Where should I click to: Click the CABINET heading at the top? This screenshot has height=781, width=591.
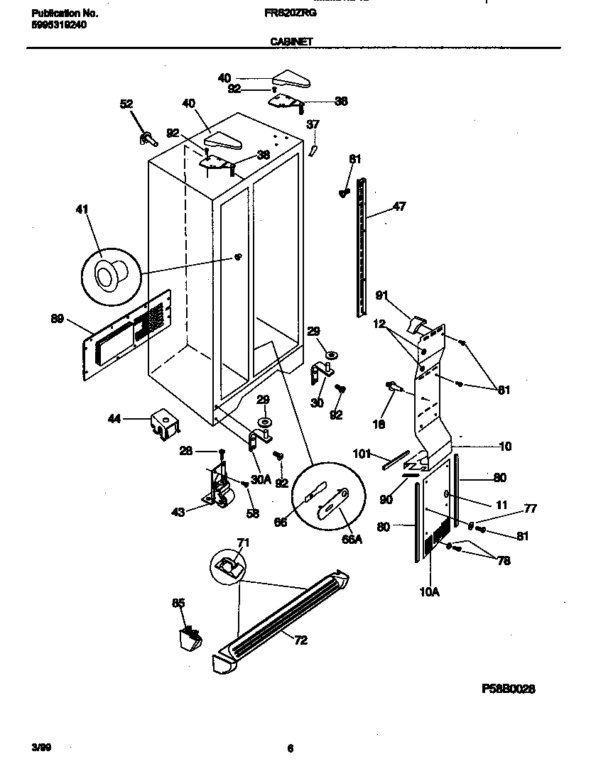pos(291,42)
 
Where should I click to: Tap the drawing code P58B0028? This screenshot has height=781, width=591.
pos(508,689)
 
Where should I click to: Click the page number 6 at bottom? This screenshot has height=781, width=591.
pos(291,748)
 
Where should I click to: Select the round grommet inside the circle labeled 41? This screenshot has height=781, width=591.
pos(109,272)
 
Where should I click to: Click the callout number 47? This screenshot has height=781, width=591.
pos(398,208)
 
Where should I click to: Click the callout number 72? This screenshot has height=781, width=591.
pos(300,640)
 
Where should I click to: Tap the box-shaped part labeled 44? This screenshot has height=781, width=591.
pos(163,424)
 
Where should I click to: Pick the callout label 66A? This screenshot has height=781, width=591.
pos(351,539)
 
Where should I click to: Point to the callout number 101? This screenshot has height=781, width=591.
pos(362,453)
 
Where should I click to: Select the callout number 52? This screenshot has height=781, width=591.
pos(126,104)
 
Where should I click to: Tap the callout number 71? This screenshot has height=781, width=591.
pos(243,544)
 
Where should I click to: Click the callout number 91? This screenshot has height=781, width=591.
pos(381,295)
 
